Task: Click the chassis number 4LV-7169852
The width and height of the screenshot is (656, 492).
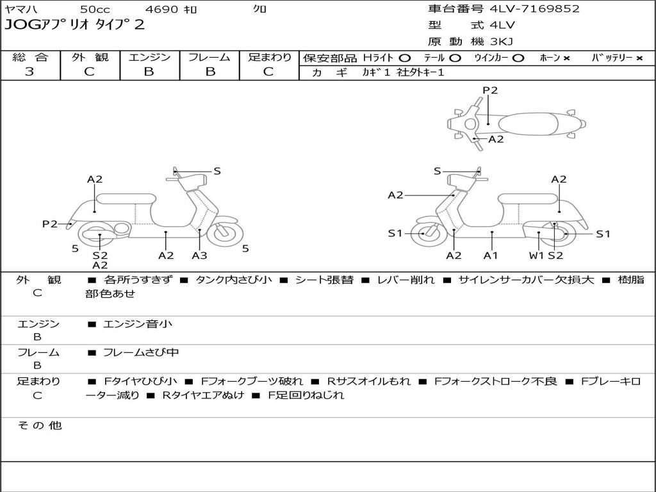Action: point(534,9)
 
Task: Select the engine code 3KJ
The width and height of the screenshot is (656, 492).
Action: point(502,42)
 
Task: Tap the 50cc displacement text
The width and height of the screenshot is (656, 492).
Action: point(94,10)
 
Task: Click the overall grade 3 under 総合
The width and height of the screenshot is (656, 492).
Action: point(29,72)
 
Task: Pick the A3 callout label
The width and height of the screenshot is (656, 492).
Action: point(199,256)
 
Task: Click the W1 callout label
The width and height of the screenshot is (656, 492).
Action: point(536,256)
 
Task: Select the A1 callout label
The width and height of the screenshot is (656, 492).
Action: point(491,256)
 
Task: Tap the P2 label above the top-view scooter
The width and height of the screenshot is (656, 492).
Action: point(490,90)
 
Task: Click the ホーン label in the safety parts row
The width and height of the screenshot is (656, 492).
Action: point(550,58)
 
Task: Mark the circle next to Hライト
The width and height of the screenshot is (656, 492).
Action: point(405,58)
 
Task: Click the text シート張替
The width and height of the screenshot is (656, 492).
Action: point(324,280)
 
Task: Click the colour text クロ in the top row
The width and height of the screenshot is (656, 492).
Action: point(260,10)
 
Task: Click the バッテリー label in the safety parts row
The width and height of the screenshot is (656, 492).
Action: point(612,58)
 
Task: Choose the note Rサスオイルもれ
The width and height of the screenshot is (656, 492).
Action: point(368,381)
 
